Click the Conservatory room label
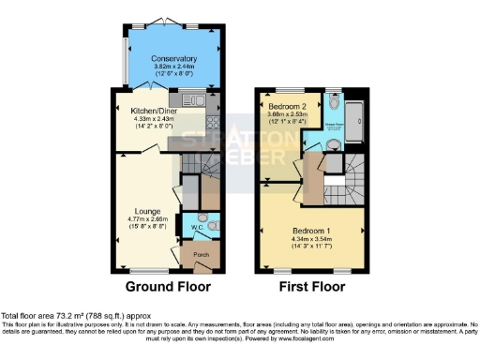[x=173, y=58]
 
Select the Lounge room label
[x=146, y=211]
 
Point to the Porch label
[x=201, y=254]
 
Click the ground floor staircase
[x=191, y=168]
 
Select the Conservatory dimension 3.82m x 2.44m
[x=173, y=67]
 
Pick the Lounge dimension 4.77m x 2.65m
[x=146, y=220]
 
